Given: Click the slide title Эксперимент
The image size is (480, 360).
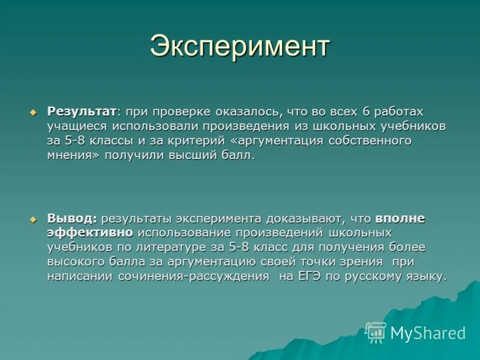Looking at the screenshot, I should (239, 46).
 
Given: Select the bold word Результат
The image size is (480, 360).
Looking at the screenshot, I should (82, 112).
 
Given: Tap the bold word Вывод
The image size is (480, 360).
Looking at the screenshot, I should (72, 218).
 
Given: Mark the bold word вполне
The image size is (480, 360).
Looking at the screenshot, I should (400, 218).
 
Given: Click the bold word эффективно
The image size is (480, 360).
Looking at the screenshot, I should (91, 233).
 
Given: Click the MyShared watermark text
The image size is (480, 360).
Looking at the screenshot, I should (428, 333).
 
